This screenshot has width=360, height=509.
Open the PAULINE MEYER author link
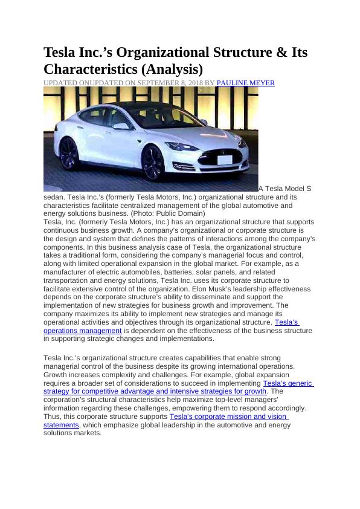point(245,83)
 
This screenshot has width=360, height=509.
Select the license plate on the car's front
point(225,160)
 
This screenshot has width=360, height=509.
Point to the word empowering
point(194,408)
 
